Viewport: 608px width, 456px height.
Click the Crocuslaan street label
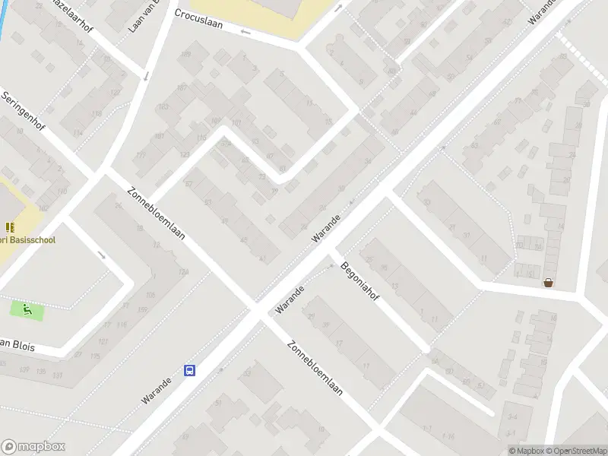198,19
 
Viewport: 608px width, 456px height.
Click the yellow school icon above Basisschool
10,227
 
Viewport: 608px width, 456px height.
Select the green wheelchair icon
27,310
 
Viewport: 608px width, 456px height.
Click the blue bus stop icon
189,371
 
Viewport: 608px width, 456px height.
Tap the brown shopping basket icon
548,283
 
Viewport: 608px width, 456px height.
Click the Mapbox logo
33,447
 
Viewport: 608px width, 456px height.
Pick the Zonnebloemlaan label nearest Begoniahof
315,369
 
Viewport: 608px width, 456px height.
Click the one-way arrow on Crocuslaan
245,32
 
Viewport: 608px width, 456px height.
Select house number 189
185,54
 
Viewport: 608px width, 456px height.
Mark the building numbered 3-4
512,416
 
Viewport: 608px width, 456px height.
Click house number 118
96,114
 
